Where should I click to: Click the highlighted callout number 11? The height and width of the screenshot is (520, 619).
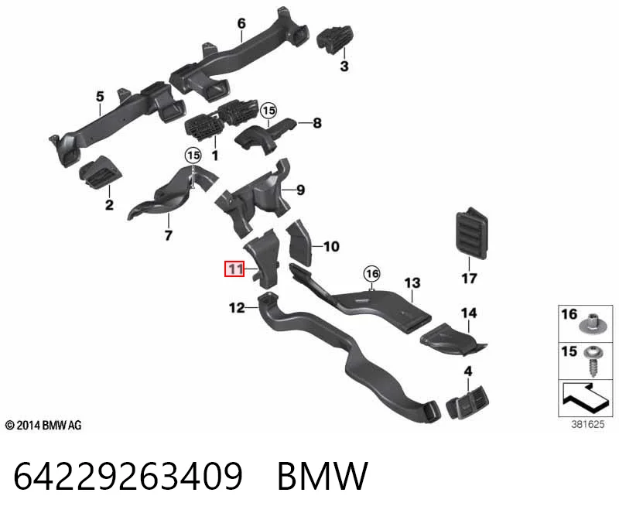(x=234, y=269)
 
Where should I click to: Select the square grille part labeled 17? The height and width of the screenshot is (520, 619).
(x=471, y=233)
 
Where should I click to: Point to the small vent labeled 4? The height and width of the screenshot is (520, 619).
(x=467, y=402)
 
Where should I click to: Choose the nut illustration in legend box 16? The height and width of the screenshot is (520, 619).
(x=593, y=323)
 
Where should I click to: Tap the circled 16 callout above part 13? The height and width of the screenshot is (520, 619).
(x=372, y=274)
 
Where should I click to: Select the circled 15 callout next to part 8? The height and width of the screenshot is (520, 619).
(x=268, y=111)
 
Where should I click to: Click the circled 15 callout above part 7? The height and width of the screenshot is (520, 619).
(x=193, y=156)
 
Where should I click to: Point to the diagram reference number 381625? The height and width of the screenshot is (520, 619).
(x=587, y=425)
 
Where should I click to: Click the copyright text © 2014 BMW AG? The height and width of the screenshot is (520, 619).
(x=43, y=426)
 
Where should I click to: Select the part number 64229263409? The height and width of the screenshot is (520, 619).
(x=128, y=476)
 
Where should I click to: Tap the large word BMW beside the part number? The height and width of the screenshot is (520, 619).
(x=323, y=476)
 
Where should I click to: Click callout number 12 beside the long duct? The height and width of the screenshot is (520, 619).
(x=237, y=307)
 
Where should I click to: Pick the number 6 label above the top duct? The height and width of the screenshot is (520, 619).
(x=241, y=23)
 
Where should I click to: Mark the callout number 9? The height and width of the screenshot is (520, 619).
(x=301, y=190)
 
